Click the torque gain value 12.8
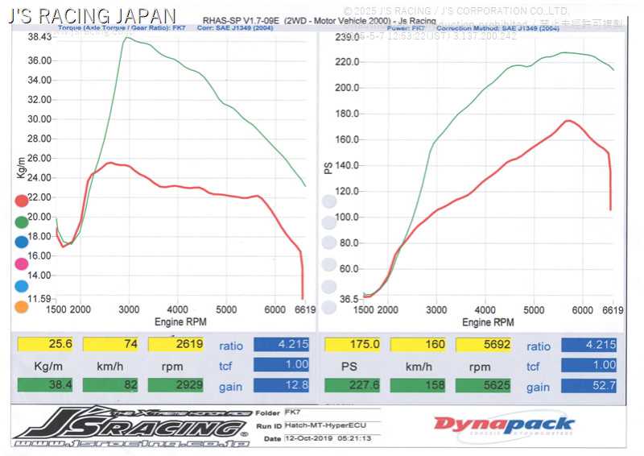[281, 386]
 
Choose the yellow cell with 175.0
[352, 345]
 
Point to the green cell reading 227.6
[352, 386]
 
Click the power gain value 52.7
[588, 386]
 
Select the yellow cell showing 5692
[483, 345]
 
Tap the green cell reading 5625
[483, 386]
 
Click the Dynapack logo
[504, 425]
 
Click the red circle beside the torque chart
[22, 201]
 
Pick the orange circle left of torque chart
[22, 307]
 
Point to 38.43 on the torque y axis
[39, 37]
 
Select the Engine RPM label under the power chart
[488, 322]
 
